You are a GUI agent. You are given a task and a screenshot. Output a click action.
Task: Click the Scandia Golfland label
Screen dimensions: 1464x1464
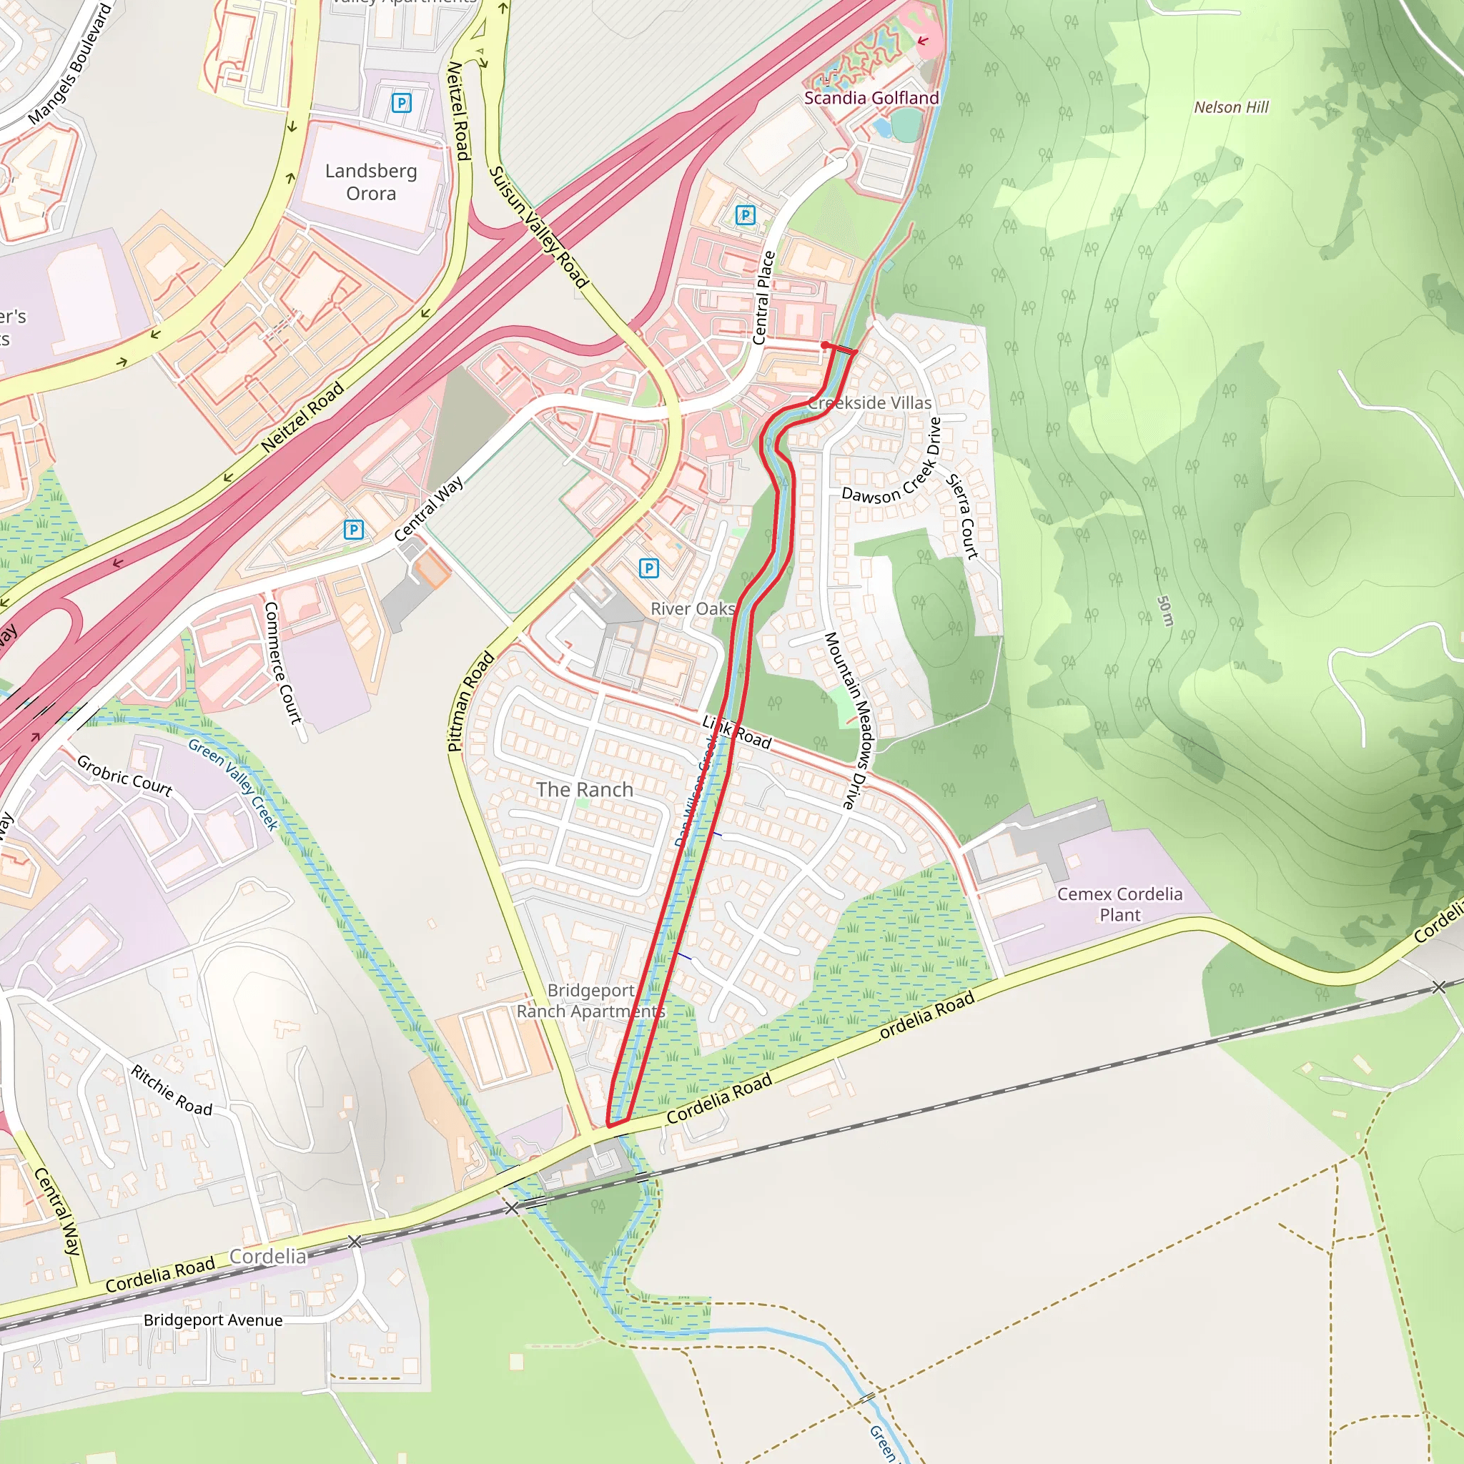pos(871,98)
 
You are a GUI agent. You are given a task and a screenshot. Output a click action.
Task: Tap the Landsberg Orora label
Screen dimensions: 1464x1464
pos(370,182)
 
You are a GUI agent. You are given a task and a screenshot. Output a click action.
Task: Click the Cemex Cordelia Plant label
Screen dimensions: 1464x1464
pos(1119,904)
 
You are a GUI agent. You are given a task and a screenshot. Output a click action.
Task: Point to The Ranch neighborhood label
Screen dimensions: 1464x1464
pos(584,790)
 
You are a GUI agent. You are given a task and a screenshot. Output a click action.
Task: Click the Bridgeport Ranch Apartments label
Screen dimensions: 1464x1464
pos(590,1000)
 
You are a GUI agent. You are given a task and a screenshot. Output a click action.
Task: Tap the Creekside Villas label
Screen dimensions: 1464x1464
pos(869,403)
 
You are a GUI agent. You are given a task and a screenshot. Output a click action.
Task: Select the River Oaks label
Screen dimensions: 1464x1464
pos(693,608)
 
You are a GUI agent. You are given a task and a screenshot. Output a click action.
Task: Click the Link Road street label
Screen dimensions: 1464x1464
pos(736,732)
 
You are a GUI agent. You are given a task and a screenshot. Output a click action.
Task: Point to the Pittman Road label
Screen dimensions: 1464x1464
pos(470,702)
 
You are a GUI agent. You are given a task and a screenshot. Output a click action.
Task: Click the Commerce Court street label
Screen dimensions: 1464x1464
pos(282,662)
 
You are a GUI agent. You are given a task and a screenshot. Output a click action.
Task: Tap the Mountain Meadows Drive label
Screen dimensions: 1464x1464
pos(851,721)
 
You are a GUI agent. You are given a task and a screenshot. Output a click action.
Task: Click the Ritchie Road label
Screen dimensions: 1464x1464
pos(172,1090)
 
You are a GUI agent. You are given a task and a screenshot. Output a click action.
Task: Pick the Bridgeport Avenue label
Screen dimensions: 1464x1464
pos(213,1320)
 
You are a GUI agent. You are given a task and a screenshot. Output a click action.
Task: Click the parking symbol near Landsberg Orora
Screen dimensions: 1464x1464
pos(401,102)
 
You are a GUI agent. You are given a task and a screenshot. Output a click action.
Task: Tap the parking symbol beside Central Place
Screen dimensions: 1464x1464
pos(745,215)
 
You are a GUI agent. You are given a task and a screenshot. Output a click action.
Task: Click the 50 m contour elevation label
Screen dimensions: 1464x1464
pos(1165,610)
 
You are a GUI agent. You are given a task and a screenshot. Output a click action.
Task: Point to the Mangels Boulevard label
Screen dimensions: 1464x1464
pos(71,64)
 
